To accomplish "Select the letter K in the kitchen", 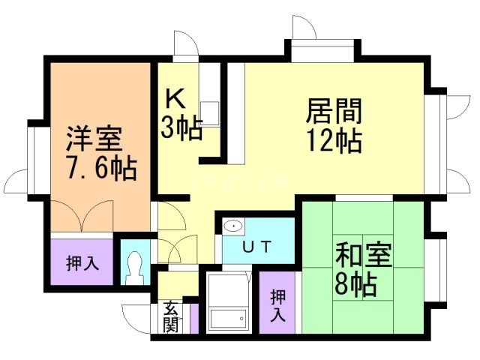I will (175, 100).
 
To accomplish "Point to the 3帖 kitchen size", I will (181, 129).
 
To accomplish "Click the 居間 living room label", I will (334, 112).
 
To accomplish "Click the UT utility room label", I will (256, 245).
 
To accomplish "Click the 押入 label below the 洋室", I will (80, 264).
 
